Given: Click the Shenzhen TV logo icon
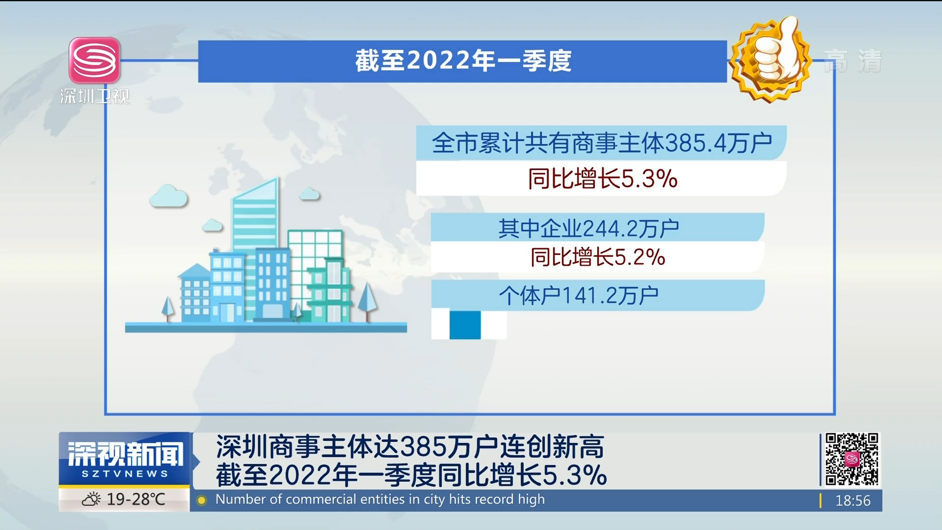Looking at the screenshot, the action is click(95, 60).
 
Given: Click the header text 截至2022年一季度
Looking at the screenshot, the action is click(463, 61).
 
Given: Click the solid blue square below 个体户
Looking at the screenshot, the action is click(465, 324).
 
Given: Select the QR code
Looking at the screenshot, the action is click(852, 459).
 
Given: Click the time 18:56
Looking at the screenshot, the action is click(853, 501).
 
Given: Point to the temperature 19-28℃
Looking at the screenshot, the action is click(136, 500).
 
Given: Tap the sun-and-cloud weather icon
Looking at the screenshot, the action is click(91, 500).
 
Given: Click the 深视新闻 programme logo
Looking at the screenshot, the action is click(125, 459).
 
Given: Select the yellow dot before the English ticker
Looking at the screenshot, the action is click(201, 501).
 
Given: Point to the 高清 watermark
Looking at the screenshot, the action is click(853, 61).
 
